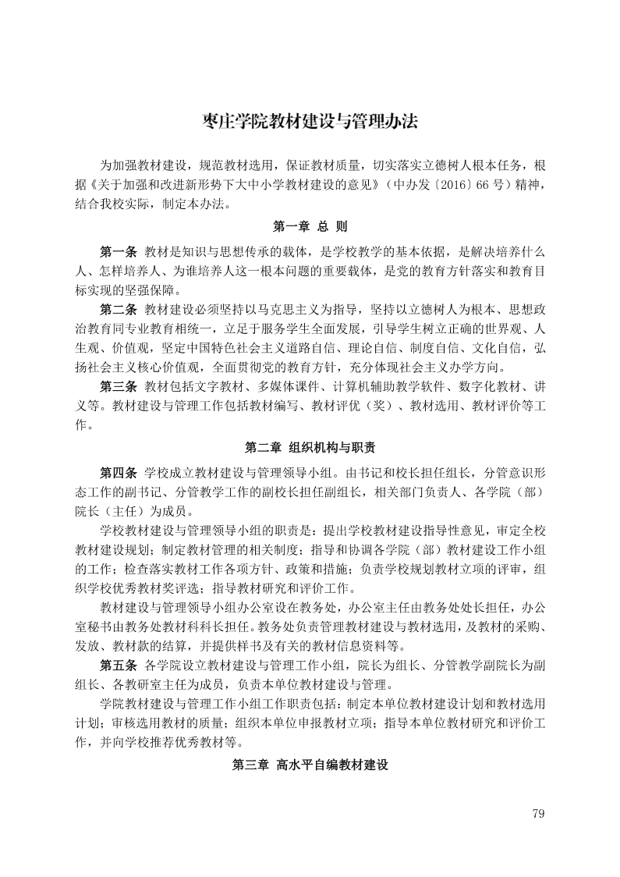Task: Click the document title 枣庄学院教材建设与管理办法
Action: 310,122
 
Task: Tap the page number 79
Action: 537,814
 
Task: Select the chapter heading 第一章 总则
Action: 310,227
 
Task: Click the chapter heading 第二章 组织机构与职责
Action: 310,447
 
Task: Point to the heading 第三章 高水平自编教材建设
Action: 310,765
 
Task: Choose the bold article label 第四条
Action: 119,472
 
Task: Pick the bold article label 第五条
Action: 119,665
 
